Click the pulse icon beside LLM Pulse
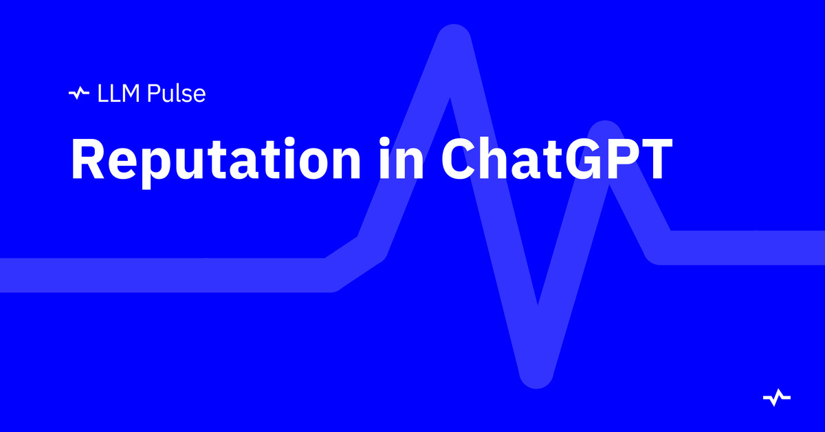coord(79,94)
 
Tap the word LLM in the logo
coord(118,94)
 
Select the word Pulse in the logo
coord(176,94)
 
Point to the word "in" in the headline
coord(401,158)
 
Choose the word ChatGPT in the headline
coord(557,158)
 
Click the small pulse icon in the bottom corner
coord(777,398)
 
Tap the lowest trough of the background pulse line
coord(536,374)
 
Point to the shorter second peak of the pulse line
coord(605,135)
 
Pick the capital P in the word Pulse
coord(153,94)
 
